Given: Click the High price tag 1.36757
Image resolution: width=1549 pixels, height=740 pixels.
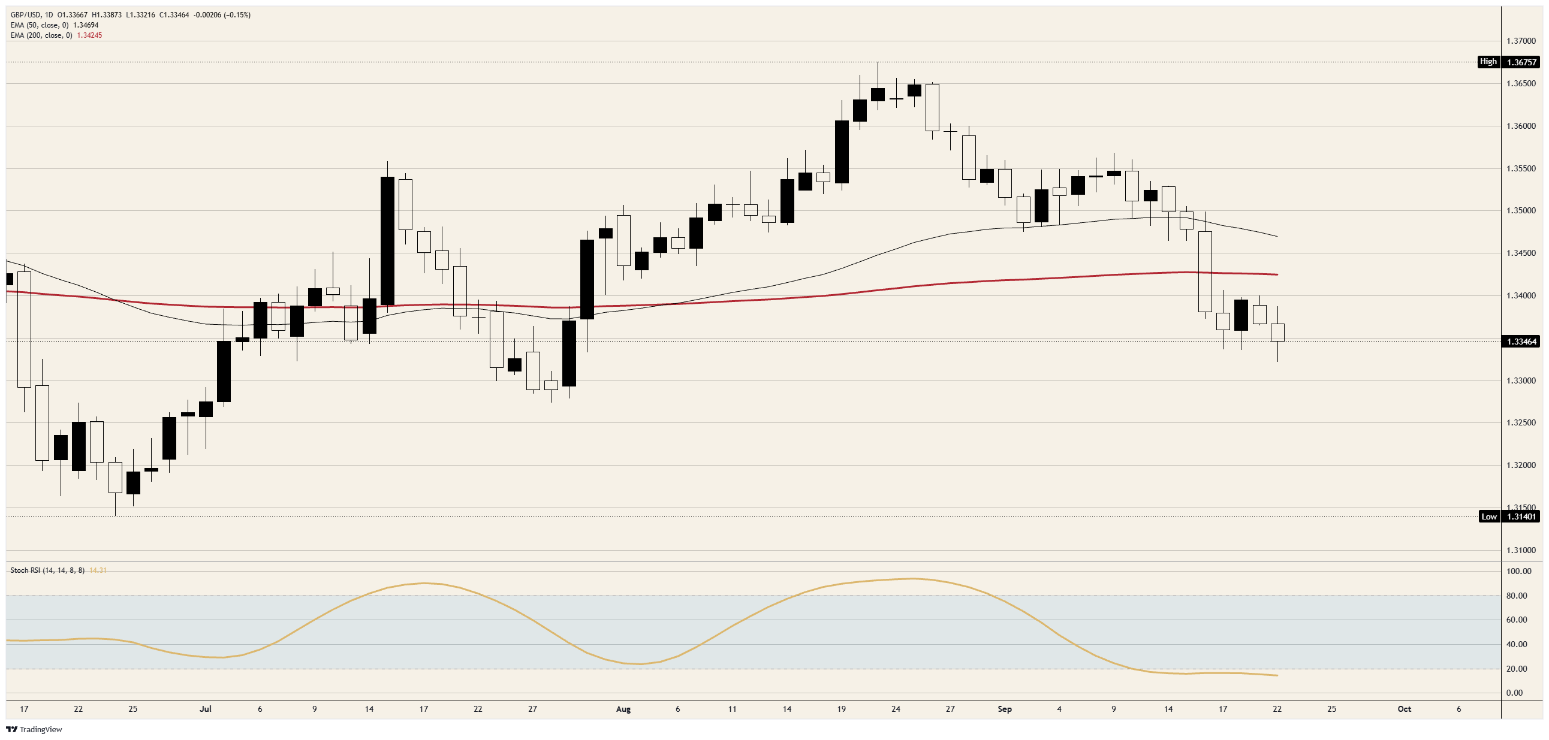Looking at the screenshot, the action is click(x=1520, y=62).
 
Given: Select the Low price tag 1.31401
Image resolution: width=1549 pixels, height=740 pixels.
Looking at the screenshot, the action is click(x=1520, y=517).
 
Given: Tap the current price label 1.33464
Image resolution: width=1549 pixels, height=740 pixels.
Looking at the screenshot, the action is click(x=1520, y=342).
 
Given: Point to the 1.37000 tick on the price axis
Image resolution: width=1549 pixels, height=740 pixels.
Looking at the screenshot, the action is click(x=1521, y=41).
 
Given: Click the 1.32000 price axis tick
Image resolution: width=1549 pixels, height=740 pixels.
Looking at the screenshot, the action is click(x=1521, y=466).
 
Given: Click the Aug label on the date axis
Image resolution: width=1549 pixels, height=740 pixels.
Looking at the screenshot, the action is click(x=623, y=709).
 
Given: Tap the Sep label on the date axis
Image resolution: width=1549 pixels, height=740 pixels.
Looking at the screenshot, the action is click(x=1005, y=709).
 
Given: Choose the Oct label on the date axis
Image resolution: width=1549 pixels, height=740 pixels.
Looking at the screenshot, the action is click(x=1404, y=709).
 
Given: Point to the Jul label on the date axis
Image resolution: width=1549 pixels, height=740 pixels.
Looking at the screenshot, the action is click(x=206, y=709).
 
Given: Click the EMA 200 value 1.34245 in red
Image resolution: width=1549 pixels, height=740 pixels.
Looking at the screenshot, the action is click(x=89, y=35).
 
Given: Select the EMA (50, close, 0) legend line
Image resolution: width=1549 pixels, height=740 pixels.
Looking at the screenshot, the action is click(x=54, y=25).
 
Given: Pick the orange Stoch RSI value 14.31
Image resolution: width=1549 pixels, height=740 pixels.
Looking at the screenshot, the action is click(x=98, y=570).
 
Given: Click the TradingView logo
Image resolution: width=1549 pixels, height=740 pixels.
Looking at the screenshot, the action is click(x=34, y=730).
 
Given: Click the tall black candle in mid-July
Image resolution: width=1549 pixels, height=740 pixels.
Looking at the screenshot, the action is click(x=387, y=240).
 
